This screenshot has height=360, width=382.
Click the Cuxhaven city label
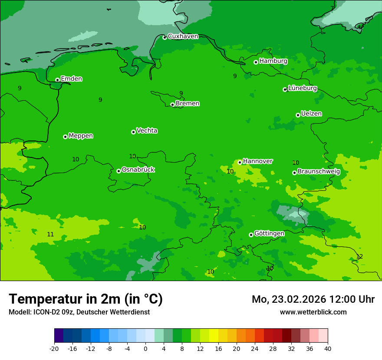(183, 36)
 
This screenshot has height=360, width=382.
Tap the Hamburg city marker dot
(256, 62)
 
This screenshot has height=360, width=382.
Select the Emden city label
(71, 79)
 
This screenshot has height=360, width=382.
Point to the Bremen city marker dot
(172, 105)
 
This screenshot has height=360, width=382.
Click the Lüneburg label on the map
(303, 88)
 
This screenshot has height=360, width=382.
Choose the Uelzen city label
(311, 114)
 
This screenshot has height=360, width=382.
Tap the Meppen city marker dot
(65, 137)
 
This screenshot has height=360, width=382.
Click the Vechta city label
(147, 131)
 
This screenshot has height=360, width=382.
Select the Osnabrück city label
(138, 170)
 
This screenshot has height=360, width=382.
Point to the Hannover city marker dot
(240, 162)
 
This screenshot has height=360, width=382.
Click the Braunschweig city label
(319, 171)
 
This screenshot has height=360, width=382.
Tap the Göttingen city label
(269, 233)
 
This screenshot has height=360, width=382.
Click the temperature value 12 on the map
(359, 256)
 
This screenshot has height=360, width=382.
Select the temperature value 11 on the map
(50, 234)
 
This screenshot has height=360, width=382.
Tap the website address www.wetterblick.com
(313, 312)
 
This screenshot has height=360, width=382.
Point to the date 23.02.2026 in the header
(294, 299)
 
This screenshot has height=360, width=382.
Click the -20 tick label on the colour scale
(54, 349)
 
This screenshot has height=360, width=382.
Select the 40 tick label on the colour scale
(328, 349)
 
